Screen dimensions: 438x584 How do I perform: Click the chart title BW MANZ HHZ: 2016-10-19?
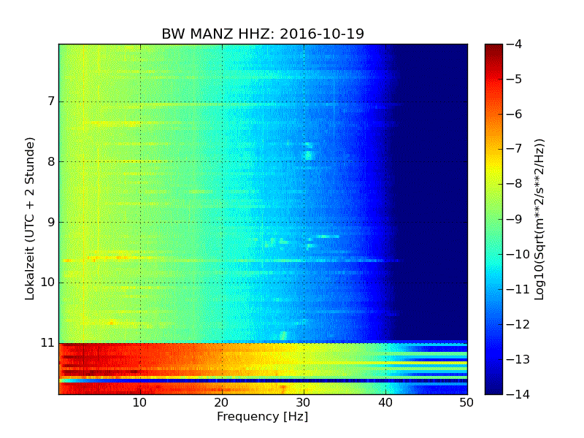(x=263, y=34)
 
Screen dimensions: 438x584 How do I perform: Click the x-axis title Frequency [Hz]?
(x=262, y=417)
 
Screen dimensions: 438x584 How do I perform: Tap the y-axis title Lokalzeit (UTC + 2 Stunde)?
(x=31, y=219)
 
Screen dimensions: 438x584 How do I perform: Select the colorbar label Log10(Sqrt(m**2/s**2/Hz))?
(x=540, y=219)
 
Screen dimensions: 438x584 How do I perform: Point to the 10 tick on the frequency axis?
(x=140, y=402)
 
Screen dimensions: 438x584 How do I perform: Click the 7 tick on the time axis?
(x=50, y=101)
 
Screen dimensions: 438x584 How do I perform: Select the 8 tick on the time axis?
(x=50, y=161)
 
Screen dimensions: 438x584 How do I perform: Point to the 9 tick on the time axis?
(x=50, y=222)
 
